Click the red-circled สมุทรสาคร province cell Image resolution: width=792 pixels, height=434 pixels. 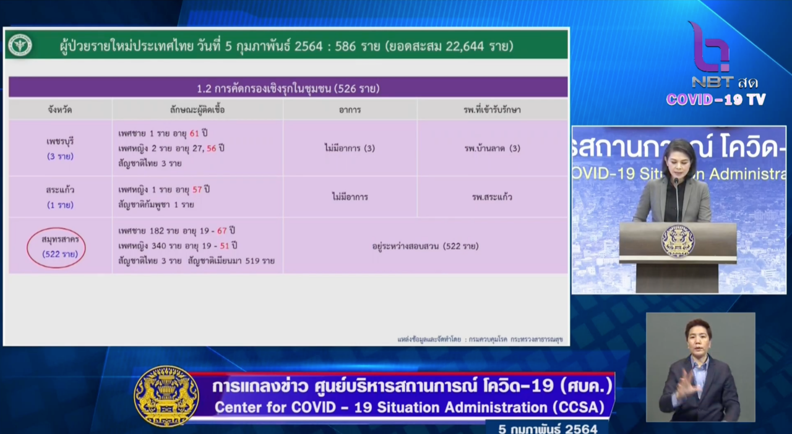[56, 247]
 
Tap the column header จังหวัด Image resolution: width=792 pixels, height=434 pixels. [60, 110]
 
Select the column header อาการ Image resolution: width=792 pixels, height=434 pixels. [350, 110]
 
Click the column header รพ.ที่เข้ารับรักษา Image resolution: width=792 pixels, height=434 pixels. [492, 110]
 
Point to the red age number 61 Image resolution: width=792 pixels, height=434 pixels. [194, 134]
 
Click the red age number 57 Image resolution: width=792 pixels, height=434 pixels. [197, 190]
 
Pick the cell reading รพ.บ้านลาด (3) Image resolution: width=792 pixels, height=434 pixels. [492, 148]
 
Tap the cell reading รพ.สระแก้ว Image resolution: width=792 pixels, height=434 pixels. [492, 197]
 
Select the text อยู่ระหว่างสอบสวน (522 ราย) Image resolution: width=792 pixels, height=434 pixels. [425, 246]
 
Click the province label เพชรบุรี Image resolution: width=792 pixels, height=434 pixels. [60, 142]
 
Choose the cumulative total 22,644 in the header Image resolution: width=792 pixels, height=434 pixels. [465, 46]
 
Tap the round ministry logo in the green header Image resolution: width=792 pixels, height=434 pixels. [20, 45]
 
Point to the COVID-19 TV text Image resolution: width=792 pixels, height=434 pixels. [716, 100]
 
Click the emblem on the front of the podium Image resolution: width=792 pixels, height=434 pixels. [678, 240]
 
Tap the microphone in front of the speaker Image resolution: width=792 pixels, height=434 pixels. [676, 198]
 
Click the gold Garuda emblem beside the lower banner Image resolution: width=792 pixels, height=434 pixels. [166, 396]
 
